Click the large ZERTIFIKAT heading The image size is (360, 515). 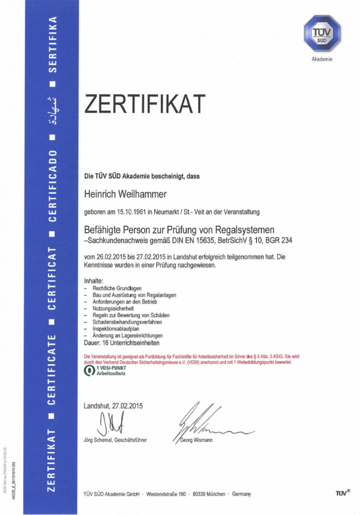click(x=144, y=103)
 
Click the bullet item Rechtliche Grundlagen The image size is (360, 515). click(x=117, y=289)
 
